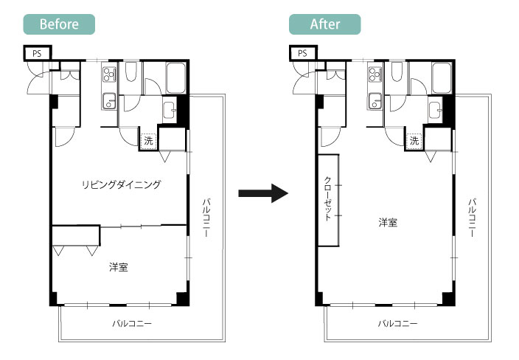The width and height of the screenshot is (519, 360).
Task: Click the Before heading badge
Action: (x=59, y=24)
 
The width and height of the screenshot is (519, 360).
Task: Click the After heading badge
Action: (x=324, y=24)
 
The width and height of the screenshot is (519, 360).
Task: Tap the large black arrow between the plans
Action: (x=263, y=193)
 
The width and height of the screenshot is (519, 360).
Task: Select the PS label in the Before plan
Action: (x=37, y=54)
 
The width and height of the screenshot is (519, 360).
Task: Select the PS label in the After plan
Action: (x=302, y=54)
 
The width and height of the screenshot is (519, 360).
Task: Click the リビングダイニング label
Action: (x=121, y=184)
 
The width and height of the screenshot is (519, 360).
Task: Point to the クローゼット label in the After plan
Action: (x=327, y=198)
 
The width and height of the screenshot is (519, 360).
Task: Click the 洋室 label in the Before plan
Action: (x=119, y=267)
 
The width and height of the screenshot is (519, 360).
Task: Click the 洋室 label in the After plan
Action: (x=388, y=222)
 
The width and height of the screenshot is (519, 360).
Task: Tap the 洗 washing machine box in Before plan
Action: (x=148, y=141)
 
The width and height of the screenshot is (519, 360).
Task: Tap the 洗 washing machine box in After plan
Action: (x=414, y=141)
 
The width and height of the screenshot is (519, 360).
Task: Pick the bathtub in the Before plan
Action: (x=175, y=78)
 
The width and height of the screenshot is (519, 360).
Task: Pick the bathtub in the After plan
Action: (x=441, y=78)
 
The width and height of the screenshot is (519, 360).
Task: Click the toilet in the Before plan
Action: (x=130, y=72)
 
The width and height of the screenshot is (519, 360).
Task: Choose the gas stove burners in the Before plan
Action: (x=109, y=75)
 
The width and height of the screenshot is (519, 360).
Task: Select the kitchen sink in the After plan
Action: (x=375, y=101)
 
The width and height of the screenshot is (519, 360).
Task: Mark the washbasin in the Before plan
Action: (x=170, y=110)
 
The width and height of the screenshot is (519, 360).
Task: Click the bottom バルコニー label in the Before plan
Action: (x=132, y=323)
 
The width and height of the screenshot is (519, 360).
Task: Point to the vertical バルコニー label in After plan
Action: (x=473, y=218)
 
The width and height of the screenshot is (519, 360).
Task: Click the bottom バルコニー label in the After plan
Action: (x=397, y=323)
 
